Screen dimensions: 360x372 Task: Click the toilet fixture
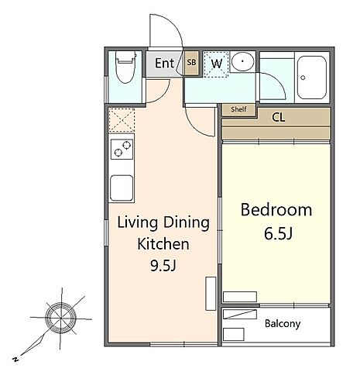coord(126,67)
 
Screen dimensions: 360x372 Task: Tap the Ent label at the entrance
coord(165,63)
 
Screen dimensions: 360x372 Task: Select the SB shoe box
coord(191,62)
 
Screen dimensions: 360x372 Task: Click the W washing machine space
coord(216,64)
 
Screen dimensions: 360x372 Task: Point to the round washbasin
coord(242,61)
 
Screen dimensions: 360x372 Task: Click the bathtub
coord(312,77)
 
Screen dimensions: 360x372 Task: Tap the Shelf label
coord(238,109)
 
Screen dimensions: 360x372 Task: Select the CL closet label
coord(279,118)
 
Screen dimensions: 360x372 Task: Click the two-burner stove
coord(122,149)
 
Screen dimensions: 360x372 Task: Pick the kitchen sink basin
coord(122,188)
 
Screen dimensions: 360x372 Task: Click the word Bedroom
coord(276,210)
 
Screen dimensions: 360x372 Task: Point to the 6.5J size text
coord(279,234)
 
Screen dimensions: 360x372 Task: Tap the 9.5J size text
coord(163,266)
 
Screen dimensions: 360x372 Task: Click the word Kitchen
coord(163,244)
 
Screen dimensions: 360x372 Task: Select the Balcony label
coord(283,324)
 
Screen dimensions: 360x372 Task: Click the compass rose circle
coord(60,318)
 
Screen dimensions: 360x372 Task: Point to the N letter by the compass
coord(15,359)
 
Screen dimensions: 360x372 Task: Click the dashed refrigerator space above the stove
coord(122,121)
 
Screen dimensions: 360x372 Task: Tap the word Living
coord(138,223)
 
